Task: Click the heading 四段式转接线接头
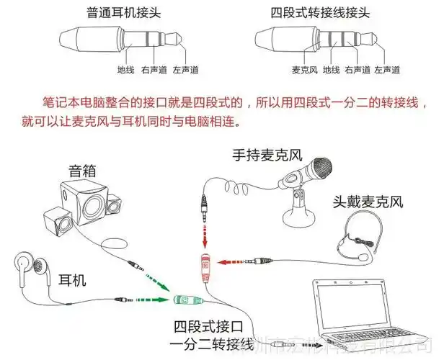point(311,12)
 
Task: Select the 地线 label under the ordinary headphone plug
point(127,70)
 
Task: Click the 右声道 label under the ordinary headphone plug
point(156,70)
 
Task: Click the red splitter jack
point(205,269)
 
